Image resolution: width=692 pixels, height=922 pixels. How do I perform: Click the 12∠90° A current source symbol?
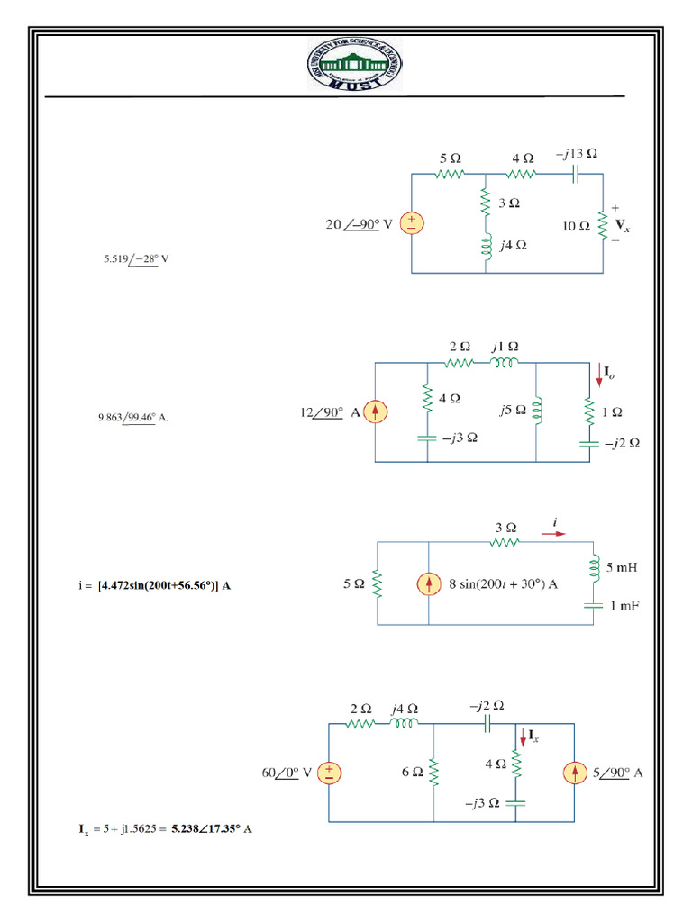pyautogui.click(x=375, y=413)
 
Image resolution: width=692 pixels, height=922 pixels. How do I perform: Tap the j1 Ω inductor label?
pyautogui.click(x=505, y=346)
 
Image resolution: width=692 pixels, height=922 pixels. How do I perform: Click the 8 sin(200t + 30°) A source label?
pyautogui.click(x=504, y=584)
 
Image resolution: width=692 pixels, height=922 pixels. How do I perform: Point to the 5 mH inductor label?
pyautogui.click(x=622, y=568)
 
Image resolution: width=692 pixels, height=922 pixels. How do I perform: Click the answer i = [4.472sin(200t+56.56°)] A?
pyautogui.click(x=155, y=585)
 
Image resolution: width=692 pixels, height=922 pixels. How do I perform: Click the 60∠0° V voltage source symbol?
pyautogui.click(x=329, y=773)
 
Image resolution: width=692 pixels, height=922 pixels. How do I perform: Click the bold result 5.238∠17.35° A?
pyautogui.click(x=212, y=827)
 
